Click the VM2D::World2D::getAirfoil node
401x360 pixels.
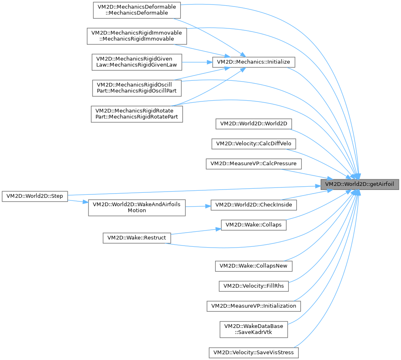tap(360, 184)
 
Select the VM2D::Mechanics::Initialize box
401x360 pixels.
tap(254, 62)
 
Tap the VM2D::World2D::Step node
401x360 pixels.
tap(34, 196)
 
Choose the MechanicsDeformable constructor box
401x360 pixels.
tap(137, 10)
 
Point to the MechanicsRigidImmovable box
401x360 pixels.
tap(137, 36)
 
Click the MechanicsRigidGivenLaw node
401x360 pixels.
tap(137, 62)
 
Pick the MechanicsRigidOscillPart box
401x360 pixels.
tap(137, 87)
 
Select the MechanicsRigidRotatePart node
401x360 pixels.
tap(137, 114)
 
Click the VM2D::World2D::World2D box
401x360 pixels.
tap(254, 124)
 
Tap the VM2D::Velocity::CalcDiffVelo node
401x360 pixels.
tap(254, 144)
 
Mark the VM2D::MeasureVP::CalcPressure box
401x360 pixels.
tap(254, 164)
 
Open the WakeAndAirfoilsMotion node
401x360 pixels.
tap(137, 207)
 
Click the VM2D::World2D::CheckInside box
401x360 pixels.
tap(254, 205)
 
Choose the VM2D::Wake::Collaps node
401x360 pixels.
tap(254, 224)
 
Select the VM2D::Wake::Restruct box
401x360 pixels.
tap(136, 237)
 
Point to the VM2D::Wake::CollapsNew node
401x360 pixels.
tap(254, 266)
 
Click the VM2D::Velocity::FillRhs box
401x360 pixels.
tap(254, 286)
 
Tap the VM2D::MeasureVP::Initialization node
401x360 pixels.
tap(254, 306)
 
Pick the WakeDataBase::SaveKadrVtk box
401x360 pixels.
tap(254, 329)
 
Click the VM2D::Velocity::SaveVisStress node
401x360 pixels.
tap(254, 352)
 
